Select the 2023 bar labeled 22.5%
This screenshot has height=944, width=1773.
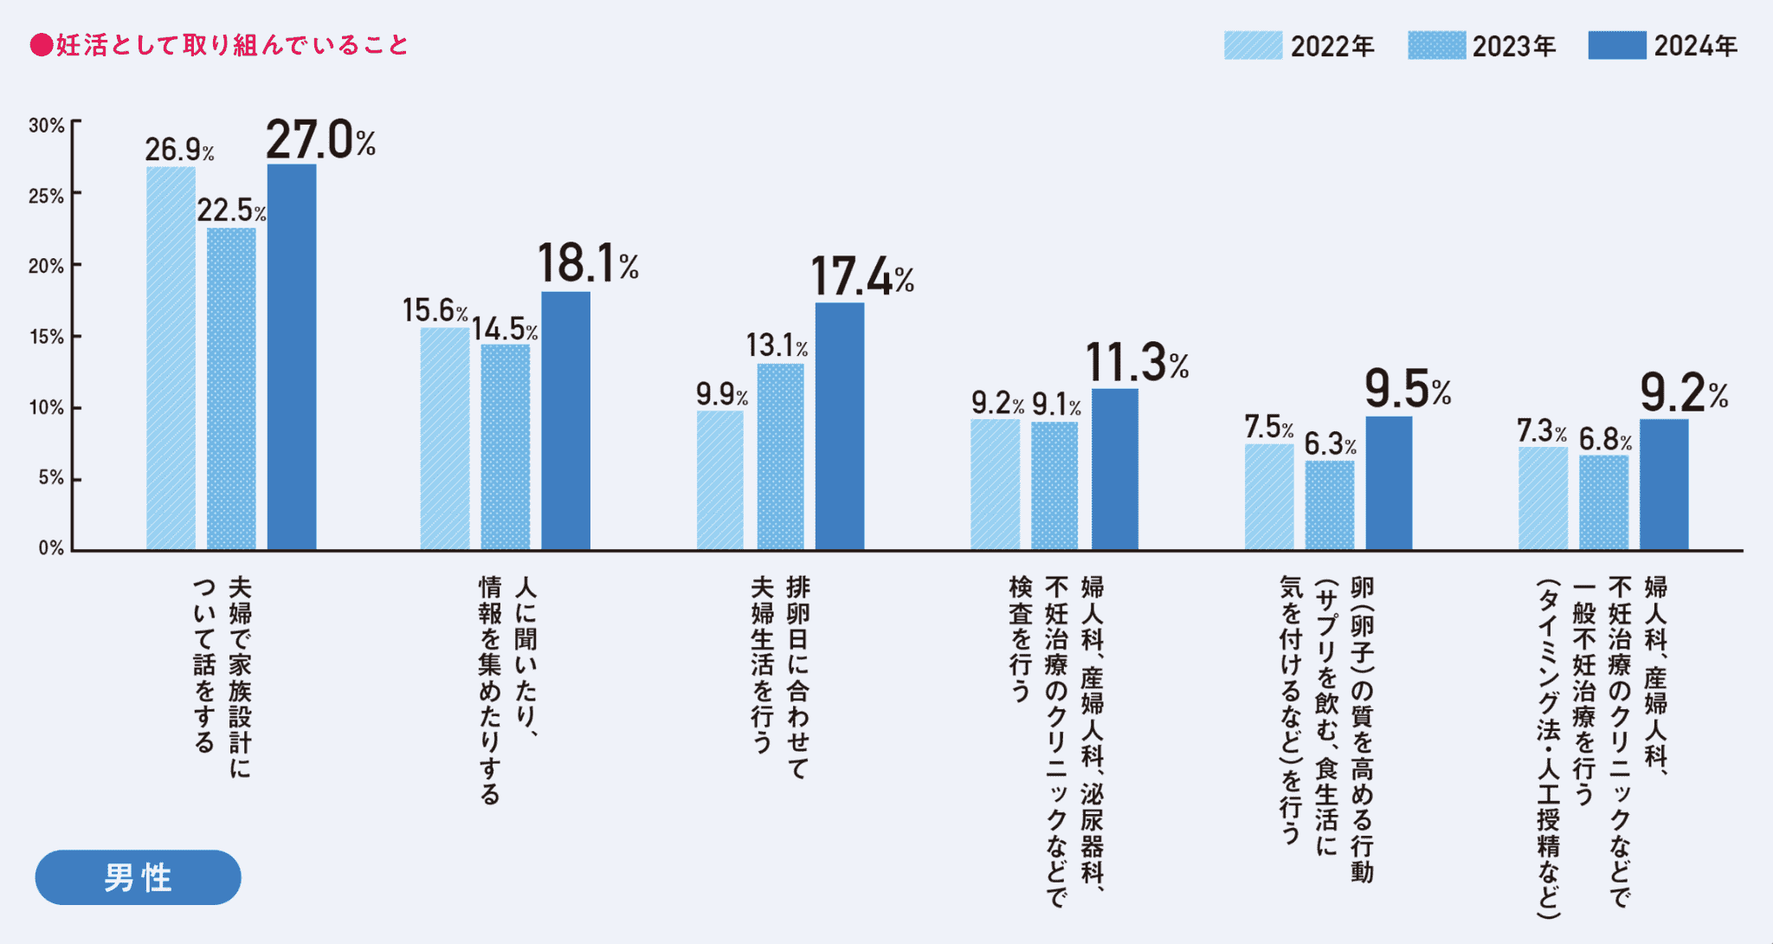(231, 389)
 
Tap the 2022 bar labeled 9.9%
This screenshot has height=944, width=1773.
(720, 480)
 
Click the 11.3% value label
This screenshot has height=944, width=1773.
(1136, 361)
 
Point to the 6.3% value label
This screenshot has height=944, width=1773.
(1330, 444)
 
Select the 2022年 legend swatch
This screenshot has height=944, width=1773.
(1253, 45)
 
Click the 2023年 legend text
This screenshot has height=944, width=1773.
(1514, 46)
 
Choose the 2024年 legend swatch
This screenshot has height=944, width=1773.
(1616, 45)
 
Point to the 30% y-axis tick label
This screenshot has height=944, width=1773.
(46, 126)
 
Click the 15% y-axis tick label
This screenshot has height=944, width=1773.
(46, 337)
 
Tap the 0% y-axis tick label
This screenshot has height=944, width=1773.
(51, 548)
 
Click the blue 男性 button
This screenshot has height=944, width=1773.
(138, 877)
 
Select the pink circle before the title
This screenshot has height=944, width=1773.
(41, 45)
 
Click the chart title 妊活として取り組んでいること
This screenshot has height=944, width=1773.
(232, 45)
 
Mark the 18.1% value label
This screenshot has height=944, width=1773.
(587, 263)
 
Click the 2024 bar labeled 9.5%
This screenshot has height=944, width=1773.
(1389, 483)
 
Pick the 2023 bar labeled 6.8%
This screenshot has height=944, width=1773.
(1603, 502)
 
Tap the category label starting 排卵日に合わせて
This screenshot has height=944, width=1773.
(779, 676)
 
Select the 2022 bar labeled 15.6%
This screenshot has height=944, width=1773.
(445, 438)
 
